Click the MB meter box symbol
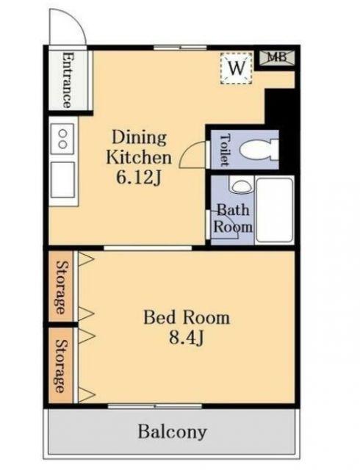[277, 57]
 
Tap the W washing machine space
[237, 68]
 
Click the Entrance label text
[68, 80]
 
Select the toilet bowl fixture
[259, 150]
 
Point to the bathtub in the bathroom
[275, 210]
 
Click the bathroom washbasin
[242, 187]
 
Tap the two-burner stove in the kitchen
[62, 139]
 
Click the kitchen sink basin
[62, 179]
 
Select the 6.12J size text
[139, 178]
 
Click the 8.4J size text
[187, 338]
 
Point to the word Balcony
[172, 433]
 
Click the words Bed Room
[187, 318]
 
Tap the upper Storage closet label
[61, 287]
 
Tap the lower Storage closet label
[61, 366]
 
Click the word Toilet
[226, 150]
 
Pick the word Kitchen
[139, 158]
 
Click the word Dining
[139, 138]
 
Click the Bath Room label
[233, 218]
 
